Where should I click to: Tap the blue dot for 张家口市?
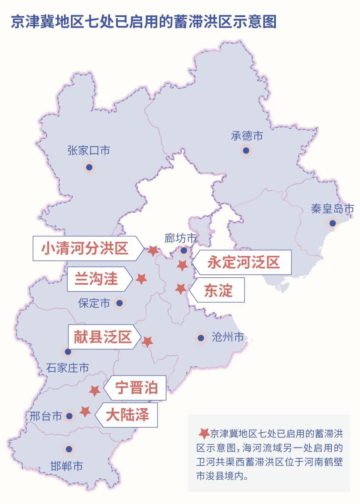tap(89, 167)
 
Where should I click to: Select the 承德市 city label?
tap(247, 136)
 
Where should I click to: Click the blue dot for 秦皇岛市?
tap(333, 223)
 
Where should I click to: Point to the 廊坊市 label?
tap(180, 238)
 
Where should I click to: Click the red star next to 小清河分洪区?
tap(153, 250)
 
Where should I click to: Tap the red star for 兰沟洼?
tap(141, 278)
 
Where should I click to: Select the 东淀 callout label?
tap(218, 290)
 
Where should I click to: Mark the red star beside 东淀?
tap(181, 289)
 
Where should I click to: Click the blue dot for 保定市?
tap(119, 303)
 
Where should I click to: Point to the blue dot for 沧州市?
tap(201, 338)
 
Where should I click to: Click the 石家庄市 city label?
tap(67, 368)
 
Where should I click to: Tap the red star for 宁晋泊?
tap(95, 391)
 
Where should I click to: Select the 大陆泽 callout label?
tap(127, 415)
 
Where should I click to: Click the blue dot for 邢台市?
tap(69, 416)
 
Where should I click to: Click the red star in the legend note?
tap(204, 433)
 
